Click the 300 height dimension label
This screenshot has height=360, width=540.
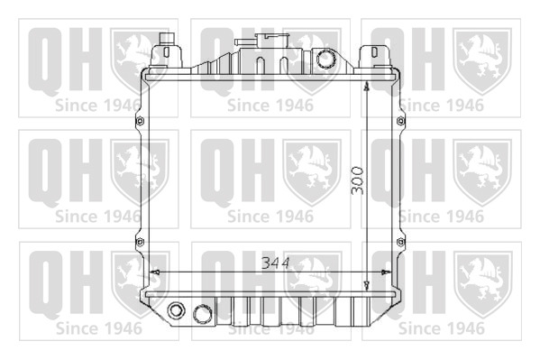358,180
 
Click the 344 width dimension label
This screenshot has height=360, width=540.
276,263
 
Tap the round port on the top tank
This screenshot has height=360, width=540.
326,59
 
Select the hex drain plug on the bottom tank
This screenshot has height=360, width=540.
176,310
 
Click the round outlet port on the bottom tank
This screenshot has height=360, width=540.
203,314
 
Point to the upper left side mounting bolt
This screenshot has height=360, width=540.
140,121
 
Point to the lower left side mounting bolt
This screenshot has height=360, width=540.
140,242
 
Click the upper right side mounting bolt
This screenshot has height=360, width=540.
400,121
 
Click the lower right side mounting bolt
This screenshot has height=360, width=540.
400,242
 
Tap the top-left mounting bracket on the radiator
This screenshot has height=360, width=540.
166,51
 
